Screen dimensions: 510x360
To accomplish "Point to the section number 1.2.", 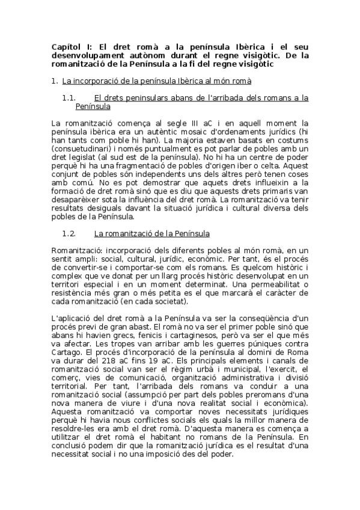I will tap(70, 232).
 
